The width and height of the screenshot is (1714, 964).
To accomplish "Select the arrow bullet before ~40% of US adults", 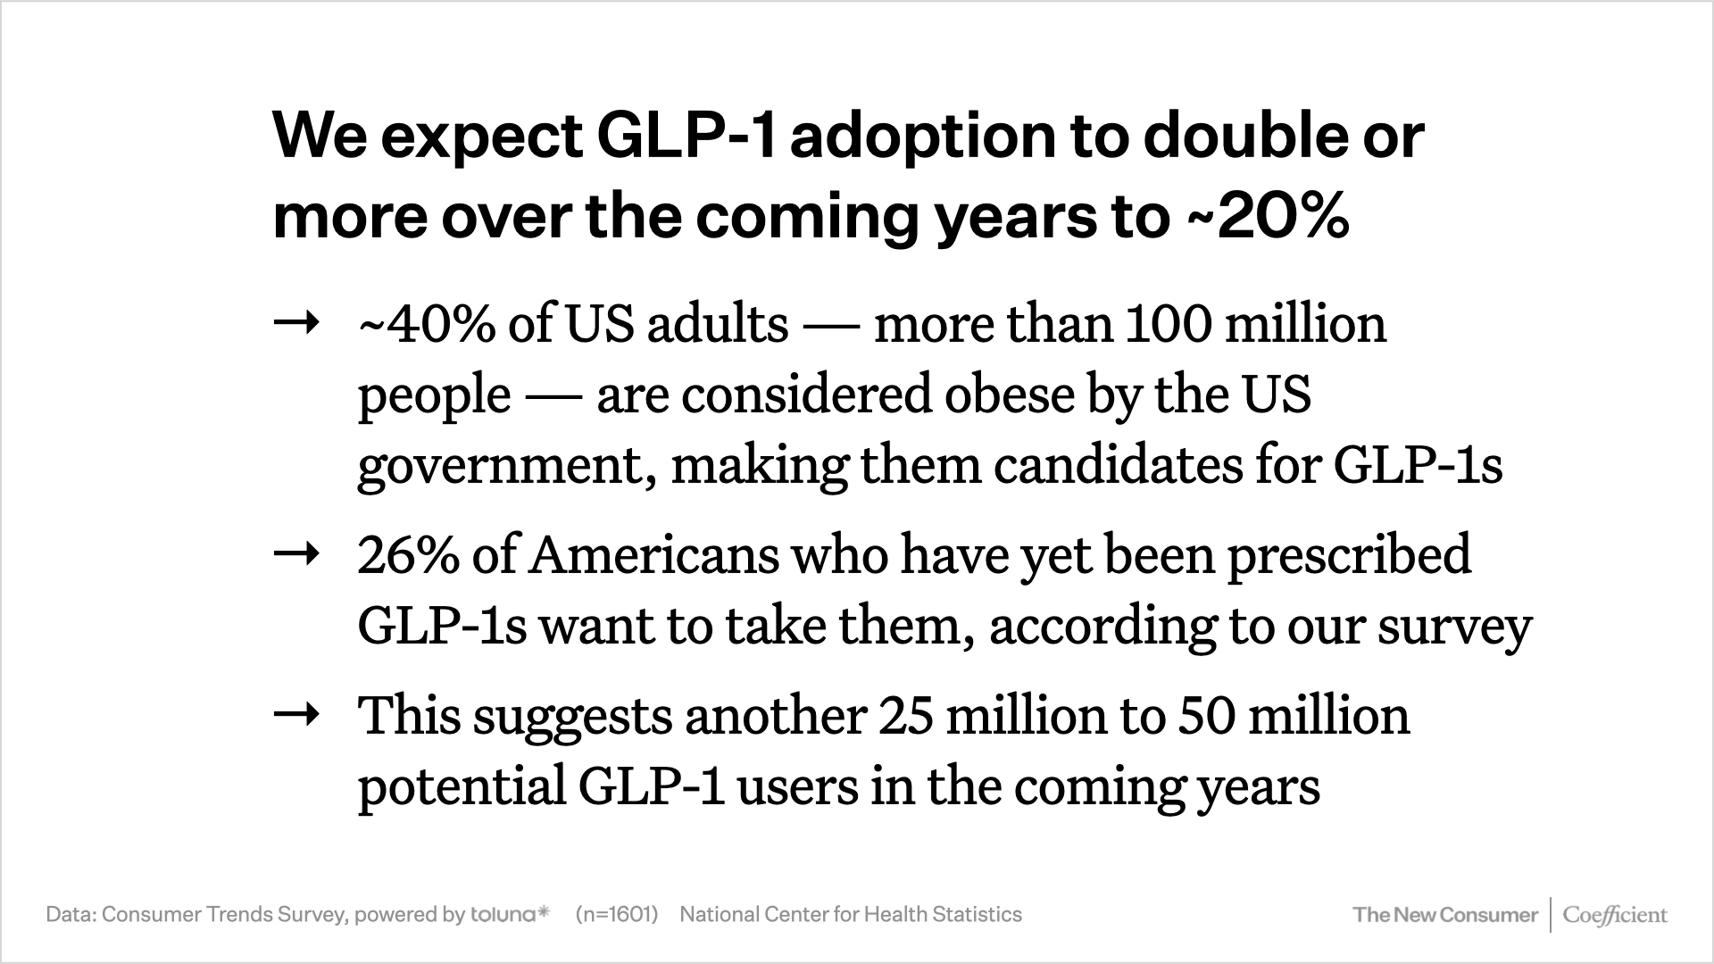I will click(x=296, y=323).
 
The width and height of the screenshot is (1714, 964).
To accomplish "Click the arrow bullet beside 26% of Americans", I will click(x=296, y=555).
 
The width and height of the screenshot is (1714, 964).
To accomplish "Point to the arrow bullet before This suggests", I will click(x=296, y=715).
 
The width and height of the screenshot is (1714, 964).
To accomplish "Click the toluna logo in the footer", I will click(x=510, y=914).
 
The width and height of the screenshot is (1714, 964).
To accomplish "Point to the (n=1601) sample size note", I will click(x=617, y=914).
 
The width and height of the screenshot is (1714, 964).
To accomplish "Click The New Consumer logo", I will click(x=1445, y=915).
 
